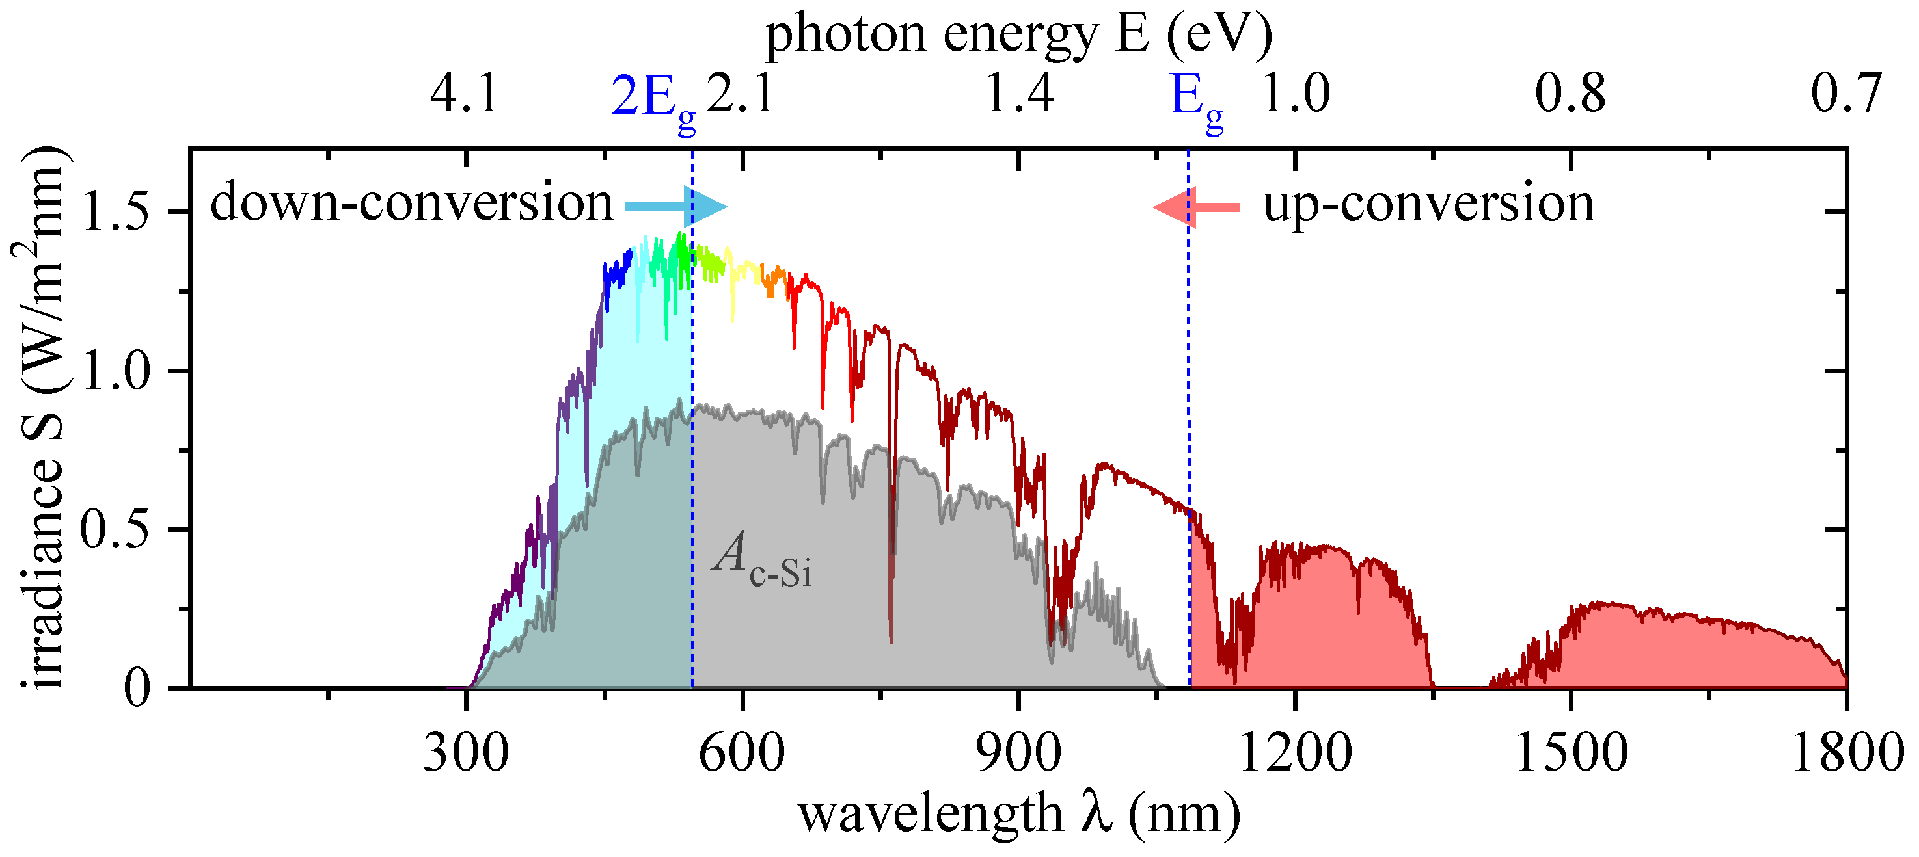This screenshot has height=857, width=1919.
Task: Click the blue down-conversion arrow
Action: [674, 207]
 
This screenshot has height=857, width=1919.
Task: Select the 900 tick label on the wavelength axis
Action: [1018, 753]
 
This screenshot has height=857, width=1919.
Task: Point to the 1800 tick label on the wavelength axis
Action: [1846, 753]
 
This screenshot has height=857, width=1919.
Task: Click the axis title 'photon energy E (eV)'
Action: [1018, 34]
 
